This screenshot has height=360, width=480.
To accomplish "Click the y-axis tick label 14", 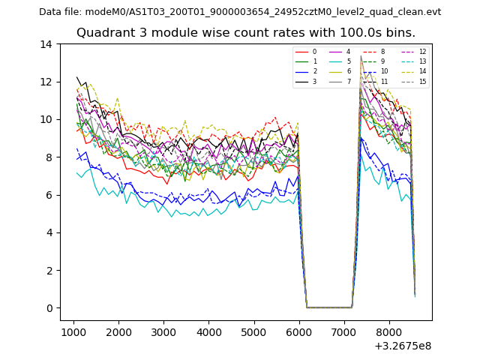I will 46,44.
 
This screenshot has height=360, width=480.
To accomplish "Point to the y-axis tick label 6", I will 49,195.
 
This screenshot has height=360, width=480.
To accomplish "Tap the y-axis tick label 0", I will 49,308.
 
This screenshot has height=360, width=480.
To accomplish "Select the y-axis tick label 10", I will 46,120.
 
